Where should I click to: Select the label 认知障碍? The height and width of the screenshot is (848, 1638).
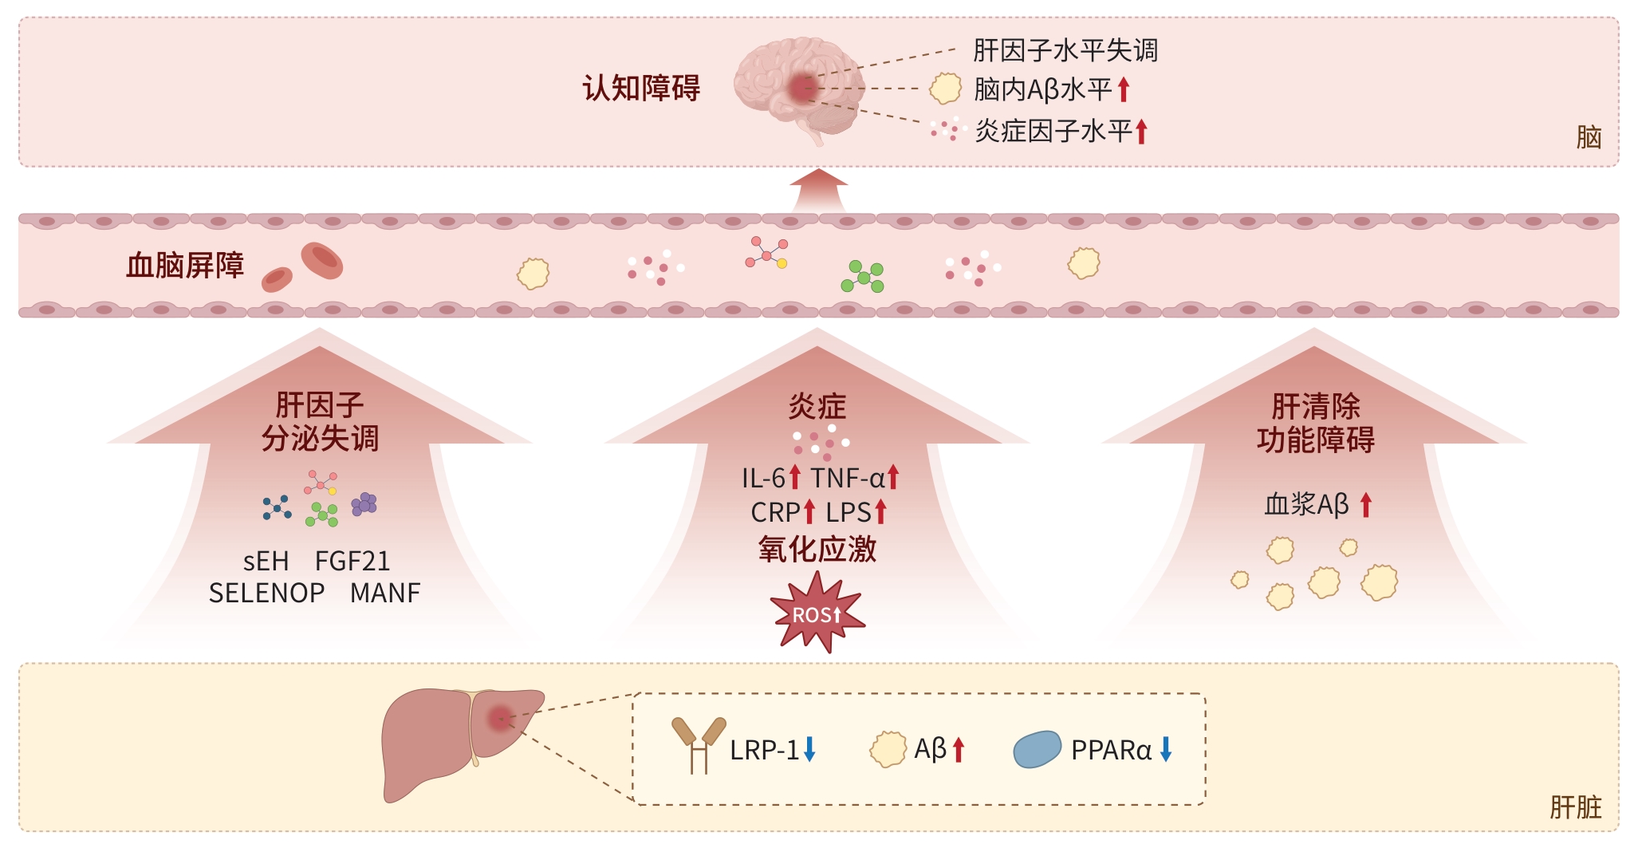point(641,88)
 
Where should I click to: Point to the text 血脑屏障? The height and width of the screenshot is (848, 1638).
point(185,266)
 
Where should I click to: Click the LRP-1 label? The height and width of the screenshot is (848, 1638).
point(764,750)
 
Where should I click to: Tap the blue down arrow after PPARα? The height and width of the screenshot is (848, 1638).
point(1166,749)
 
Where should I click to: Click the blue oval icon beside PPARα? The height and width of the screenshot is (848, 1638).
point(1037,749)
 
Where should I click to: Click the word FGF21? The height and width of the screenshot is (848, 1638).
point(352,562)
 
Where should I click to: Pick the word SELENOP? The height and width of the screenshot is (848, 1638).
point(266,594)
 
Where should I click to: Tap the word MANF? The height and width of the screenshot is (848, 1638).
point(385,594)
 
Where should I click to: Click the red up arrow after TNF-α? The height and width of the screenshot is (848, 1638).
point(893,477)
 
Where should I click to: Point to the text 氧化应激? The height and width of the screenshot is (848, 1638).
point(817,550)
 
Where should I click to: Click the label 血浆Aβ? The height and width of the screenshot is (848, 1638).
point(1306,505)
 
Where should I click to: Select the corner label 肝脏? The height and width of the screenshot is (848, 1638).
point(1576,807)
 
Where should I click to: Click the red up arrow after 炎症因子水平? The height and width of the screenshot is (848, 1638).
point(1141,131)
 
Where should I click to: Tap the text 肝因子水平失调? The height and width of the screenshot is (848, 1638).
point(1065,50)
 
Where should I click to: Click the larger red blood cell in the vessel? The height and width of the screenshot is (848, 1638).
point(322,261)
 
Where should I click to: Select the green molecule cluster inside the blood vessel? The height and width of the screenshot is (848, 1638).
point(863,277)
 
